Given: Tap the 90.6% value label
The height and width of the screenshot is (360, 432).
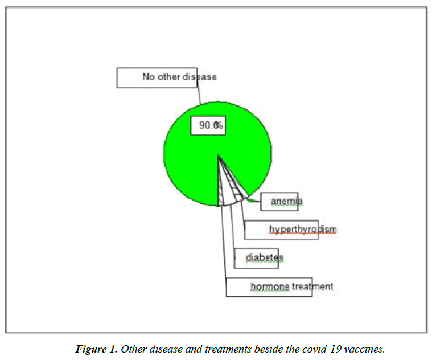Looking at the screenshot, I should pyautogui.click(x=210, y=126).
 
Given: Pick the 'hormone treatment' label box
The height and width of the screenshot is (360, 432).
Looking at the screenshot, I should pyautogui.click(x=269, y=287).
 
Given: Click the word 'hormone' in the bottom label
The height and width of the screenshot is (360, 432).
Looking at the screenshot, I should pyautogui.click(x=270, y=287).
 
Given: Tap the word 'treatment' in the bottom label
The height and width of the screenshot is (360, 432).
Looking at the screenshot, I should pyautogui.click(x=312, y=287).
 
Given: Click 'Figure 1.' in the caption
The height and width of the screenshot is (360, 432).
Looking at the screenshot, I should pyautogui.click(x=96, y=349).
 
